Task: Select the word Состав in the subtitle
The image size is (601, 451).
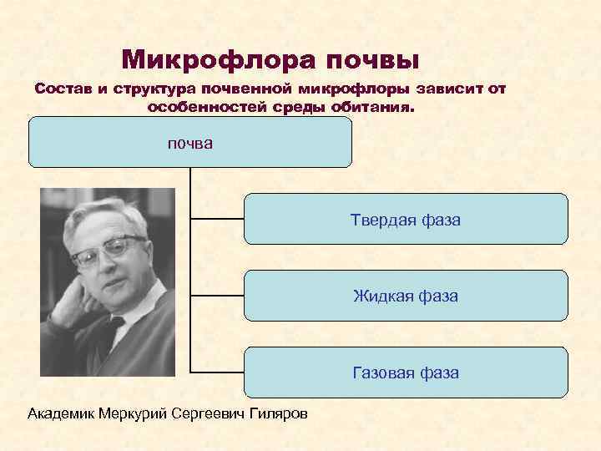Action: (x=62, y=89)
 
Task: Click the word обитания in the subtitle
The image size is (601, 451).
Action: (x=374, y=107)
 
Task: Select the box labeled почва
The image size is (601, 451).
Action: (x=190, y=143)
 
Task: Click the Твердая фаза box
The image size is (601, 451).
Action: (x=406, y=219)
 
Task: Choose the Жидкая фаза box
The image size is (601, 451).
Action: (x=406, y=296)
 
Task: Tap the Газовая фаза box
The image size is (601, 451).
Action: (x=406, y=372)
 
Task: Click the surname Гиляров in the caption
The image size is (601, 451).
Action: (x=277, y=413)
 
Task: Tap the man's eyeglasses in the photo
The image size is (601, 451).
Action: (x=107, y=249)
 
